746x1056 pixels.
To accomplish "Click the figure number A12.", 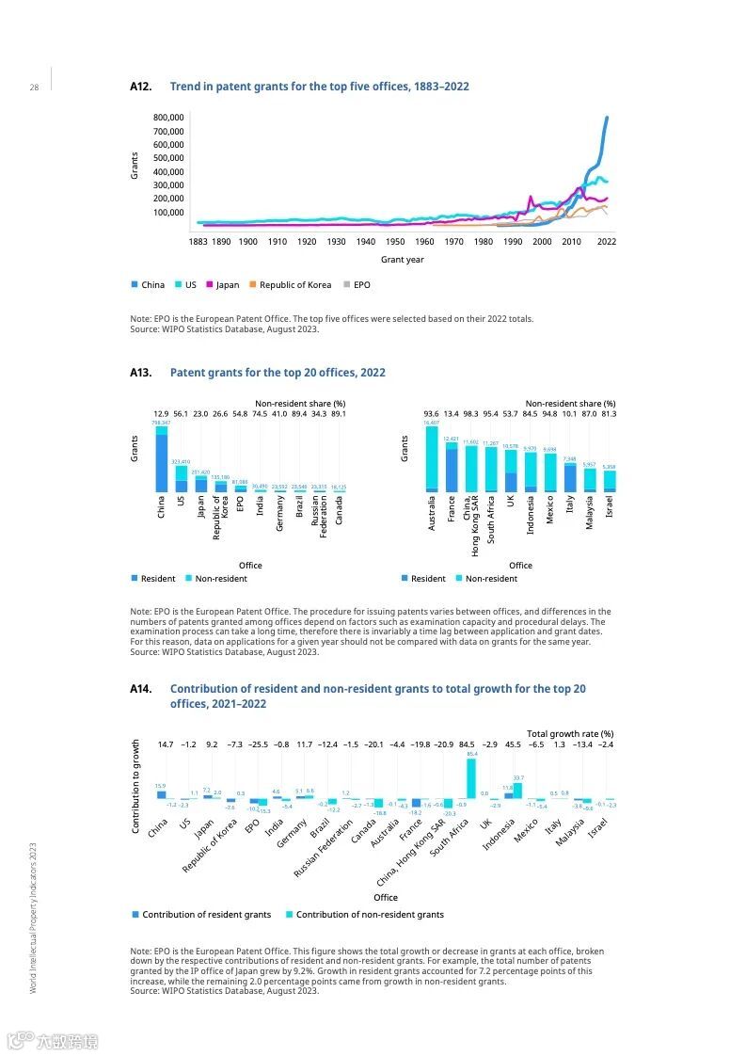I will [x=140, y=87].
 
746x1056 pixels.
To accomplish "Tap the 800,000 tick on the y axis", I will [x=167, y=118].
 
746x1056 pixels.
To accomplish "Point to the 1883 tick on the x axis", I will [x=198, y=242].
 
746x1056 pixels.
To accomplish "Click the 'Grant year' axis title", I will [x=402, y=260].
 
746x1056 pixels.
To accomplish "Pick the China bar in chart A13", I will [x=162, y=459].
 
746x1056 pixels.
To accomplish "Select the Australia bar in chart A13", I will [x=432, y=459].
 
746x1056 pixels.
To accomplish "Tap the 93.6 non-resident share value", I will [x=432, y=414].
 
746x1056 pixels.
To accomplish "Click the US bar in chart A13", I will [x=182, y=478].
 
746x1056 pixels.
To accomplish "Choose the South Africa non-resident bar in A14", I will [x=471, y=778].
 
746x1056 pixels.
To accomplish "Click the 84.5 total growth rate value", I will [x=467, y=744].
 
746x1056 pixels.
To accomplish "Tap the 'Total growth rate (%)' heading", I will [x=569, y=733].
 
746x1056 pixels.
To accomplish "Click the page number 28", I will [x=34, y=88].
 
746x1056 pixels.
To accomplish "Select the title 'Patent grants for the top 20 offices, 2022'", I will [x=278, y=373].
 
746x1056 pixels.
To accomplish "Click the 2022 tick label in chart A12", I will [x=607, y=242].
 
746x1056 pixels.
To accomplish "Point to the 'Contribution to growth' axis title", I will [x=135, y=786].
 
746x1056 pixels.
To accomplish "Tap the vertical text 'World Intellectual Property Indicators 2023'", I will [x=33, y=918].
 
